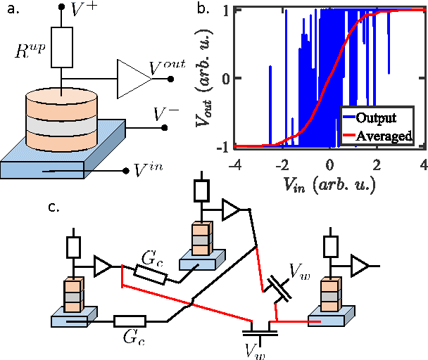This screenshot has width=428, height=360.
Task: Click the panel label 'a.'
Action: click(11, 10)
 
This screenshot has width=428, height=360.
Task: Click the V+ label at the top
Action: click(85, 10)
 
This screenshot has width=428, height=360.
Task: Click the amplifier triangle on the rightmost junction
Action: click(360, 266)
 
